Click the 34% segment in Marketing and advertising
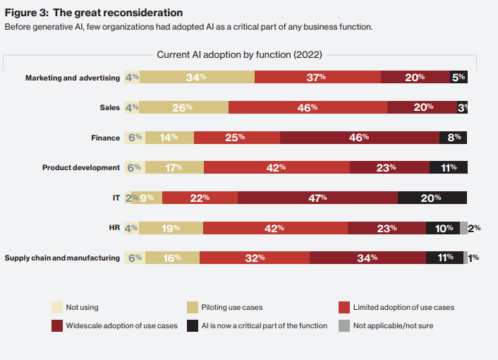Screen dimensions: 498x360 (197, 77)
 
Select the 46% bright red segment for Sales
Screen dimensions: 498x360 (308, 107)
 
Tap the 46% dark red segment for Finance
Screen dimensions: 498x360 (360, 138)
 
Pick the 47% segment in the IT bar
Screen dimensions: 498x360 (317, 198)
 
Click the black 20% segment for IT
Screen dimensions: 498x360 (432, 198)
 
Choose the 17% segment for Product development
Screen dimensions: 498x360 (174, 167)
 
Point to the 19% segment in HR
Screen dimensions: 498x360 (171, 228)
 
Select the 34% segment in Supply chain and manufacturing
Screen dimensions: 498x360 (368, 258)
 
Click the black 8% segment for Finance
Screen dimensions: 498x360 (454, 138)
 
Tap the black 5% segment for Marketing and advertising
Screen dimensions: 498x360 (458, 77)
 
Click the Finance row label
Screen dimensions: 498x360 (105, 138)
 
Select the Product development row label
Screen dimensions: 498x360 (81, 167)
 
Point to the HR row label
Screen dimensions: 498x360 (114, 228)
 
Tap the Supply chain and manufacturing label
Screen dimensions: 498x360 (62, 258)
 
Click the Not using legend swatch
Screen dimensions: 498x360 (57, 307)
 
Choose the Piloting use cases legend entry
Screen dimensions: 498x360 (224, 307)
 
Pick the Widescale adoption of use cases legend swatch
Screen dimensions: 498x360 (57, 325)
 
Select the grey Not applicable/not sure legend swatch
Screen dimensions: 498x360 (344, 325)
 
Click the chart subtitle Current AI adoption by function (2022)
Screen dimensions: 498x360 (239, 54)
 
